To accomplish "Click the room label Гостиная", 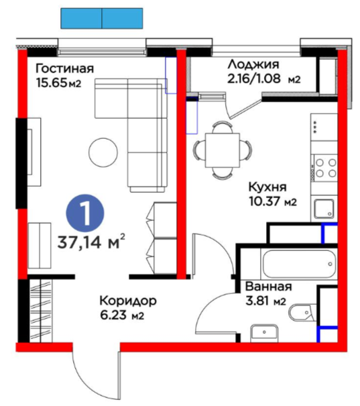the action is [x=64, y=69].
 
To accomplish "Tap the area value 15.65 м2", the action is [x=59, y=83].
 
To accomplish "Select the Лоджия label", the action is [x=253, y=64].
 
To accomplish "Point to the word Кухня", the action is [x=267, y=187].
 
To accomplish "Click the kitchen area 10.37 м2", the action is [x=273, y=201].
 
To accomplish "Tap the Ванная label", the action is [x=268, y=287].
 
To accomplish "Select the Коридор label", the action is [x=128, y=301].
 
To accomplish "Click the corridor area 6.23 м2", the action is [x=122, y=315].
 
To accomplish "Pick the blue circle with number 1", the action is [x=85, y=213].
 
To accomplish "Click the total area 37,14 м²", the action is [x=91, y=242].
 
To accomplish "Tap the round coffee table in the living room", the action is [x=103, y=152].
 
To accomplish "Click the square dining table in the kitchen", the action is [x=223, y=150].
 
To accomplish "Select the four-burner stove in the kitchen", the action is [x=325, y=168].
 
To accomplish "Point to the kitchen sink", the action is [x=324, y=209].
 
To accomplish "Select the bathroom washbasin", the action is [x=264, y=334].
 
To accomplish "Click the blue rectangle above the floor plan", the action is [x=102, y=18].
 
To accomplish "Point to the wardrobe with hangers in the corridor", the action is [x=41, y=311].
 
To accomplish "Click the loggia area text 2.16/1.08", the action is [x=253, y=79].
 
